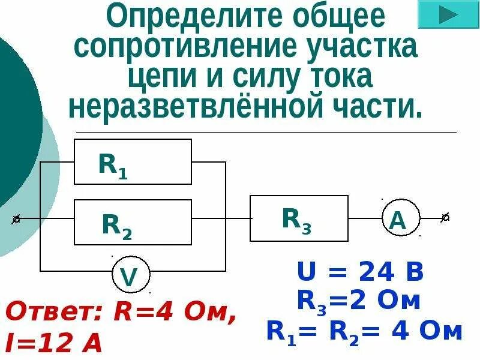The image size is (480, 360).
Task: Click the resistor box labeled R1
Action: pos(133,161)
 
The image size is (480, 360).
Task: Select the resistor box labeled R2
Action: pos(133,222)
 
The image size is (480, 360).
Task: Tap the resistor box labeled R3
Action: pos(299,218)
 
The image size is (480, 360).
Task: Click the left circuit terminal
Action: pos(17,220)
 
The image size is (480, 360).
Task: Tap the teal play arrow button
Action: pos(447,16)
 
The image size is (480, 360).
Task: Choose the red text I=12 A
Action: pos(54,343)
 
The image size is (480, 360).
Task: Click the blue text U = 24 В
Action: pos(361,274)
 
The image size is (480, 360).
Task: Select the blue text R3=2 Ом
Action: pos(359,302)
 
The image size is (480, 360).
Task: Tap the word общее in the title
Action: pos(326,18)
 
